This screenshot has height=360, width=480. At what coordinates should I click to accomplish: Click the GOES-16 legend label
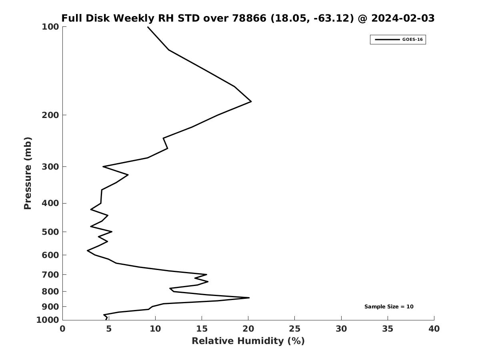412,40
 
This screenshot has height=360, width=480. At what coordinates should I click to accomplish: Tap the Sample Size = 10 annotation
389,307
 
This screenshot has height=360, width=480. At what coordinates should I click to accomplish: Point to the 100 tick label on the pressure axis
50,27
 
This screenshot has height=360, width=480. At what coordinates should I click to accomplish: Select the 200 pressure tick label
50,115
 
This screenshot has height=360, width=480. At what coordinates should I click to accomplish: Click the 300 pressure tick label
50,167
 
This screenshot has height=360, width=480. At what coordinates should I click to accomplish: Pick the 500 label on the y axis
50,232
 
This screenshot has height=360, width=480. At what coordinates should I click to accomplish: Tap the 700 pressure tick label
50,274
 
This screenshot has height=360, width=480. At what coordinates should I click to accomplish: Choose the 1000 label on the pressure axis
48,320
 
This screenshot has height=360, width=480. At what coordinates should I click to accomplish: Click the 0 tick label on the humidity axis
62,329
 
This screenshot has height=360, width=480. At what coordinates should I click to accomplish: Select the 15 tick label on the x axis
202,329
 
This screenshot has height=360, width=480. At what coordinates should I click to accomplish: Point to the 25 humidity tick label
294,329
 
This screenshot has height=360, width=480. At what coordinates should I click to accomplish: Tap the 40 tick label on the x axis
434,329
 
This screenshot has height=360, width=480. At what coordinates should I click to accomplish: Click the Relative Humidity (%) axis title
248,341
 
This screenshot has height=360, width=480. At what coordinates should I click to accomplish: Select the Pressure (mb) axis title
28,173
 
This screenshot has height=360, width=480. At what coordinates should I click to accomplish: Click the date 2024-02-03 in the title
403,18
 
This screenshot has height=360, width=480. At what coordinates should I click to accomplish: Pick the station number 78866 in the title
249,18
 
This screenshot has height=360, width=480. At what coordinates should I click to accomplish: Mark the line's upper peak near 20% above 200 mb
251,102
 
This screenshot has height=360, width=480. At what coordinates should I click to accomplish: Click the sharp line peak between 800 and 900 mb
249,298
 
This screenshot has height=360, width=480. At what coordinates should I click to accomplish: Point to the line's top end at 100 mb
148,27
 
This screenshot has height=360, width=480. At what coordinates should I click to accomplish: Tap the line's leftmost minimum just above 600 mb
87,250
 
